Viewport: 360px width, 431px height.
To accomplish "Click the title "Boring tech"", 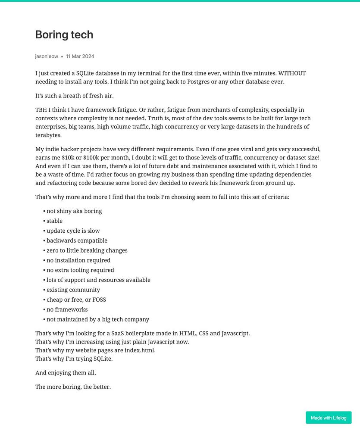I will click(64, 34).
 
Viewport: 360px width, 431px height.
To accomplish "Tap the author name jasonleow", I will click(47, 56).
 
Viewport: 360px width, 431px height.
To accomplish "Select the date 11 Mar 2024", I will click(80, 56).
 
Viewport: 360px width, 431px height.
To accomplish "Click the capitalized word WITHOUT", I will click(292, 73).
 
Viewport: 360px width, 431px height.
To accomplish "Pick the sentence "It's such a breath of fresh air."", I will click(74, 96).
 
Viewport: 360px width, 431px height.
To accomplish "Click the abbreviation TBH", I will click(42, 110).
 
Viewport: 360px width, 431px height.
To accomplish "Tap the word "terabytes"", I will click(48, 135).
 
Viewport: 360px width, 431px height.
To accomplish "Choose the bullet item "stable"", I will click(54, 221).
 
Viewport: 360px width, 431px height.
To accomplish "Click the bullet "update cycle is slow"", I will click(73, 231).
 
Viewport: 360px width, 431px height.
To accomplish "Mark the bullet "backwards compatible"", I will click(77, 240).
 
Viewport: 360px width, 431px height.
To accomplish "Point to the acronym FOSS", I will click(99, 300).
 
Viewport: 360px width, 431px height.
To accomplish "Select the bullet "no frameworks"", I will click(67, 309).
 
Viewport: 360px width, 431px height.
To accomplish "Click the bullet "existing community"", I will click(73, 290).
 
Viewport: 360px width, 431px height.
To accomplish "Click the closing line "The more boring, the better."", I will click(73, 387).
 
